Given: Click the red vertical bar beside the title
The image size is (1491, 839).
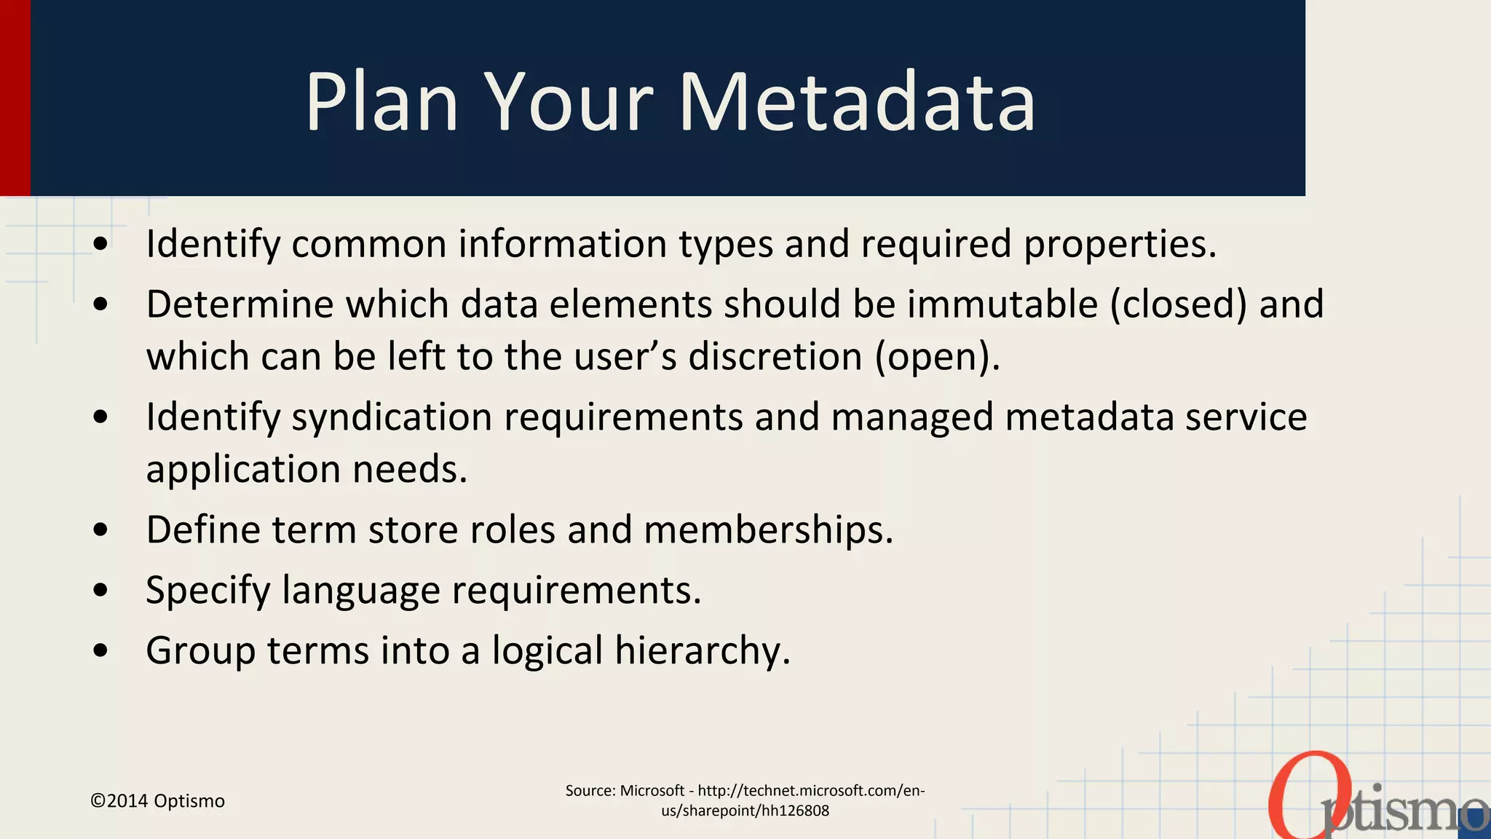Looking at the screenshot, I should pyautogui.click(x=15, y=98).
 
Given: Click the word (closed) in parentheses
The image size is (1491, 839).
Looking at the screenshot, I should pyautogui.click(x=1179, y=304).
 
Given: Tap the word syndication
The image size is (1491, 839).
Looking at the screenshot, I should pyautogui.click(x=391, y=417).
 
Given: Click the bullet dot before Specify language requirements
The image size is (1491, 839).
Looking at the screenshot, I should pyautogui.click(x=101, y=589).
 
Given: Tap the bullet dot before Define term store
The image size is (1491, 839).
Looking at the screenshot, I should pyautogui.click(x=101, y=529).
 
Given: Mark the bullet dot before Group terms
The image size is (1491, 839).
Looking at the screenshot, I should pyautogui.click(x=101, y=650).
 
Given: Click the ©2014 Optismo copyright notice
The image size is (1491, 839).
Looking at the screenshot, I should pyautogui.click(x=157, y=801).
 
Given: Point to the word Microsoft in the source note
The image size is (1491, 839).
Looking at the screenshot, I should pyautogui.click(x=652, y=791).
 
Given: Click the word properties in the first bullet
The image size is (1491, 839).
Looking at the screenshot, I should pyautogui.click(x=1120, y=244).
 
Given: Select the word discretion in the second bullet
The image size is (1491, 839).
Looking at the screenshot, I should pyautogui.click(x=775, y=357).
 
